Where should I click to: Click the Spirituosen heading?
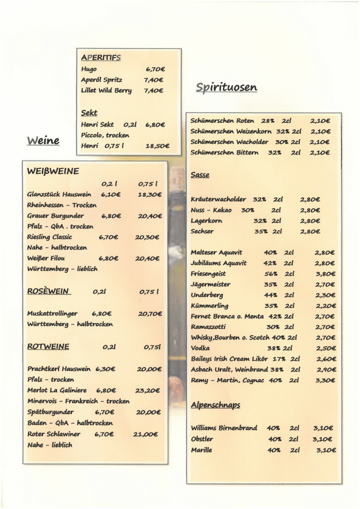click(226, 87)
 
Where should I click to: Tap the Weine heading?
click(43, 141)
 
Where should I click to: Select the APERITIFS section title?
click(101, 58)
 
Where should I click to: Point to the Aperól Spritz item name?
click(102, 80)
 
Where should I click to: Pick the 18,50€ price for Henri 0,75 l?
click(157, 146)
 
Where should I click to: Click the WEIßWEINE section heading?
click(53, 171)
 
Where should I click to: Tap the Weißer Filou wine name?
click(46, 258)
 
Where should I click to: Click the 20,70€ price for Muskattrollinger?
click(150, 314)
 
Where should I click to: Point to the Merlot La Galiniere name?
click(57, 391)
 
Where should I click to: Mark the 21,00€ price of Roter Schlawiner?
click(145, 434)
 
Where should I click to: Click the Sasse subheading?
click(200, 175)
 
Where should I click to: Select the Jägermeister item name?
click(211, 284)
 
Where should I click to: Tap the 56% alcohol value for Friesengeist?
click(271, 274)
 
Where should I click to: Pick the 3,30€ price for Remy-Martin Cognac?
click(326, 380)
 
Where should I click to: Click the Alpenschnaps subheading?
click(215, 405)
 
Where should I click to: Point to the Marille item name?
click(201, 450)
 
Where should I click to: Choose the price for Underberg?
click(326, 295)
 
